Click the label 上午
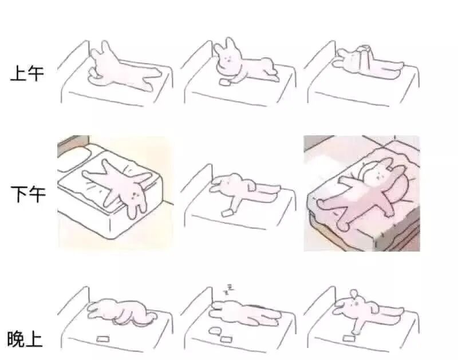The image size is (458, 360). coord(27,73)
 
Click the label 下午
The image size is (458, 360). coord(28,194)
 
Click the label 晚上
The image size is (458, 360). coord(25,339)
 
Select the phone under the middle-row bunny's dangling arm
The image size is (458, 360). coord(227,212)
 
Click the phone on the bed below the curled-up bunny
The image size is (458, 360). coord(103,339)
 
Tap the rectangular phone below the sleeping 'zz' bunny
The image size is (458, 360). coord(226,339)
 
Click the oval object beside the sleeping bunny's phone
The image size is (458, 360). coord(215,330)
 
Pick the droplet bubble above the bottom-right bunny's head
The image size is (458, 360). coord(354,293)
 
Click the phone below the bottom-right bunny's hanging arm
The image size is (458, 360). coord(349,338)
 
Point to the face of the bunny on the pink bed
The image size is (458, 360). coord(378,175)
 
